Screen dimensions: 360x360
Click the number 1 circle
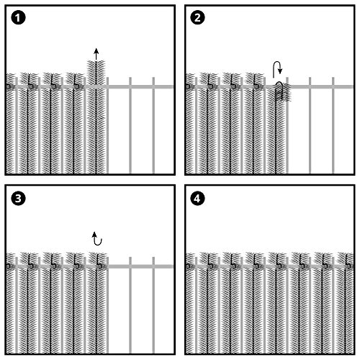pyautogui.click(x=18, y=17)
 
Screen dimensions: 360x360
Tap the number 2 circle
pyautogui.click(x=197, y=17)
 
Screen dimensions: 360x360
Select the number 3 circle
pyautogui.click(x=18, y=199)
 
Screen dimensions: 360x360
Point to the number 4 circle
pyautogui.click(x=197, y=199)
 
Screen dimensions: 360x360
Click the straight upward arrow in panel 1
pyautogui.click(x=96, y=54)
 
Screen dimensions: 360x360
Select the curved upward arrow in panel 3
pyautogui.click(x=97, y=238)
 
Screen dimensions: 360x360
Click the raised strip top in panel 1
pyautogui.click(x=96, y=66)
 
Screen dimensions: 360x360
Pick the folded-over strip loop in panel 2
pyautogui.click(x=279, y=91)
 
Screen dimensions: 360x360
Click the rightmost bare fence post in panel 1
pyautogui.click(x=153, y=125)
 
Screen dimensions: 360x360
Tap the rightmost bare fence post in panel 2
pyautogui.click(x=333, y=125)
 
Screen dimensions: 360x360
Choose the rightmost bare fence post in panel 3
pyautogui.click(x=153, y=305)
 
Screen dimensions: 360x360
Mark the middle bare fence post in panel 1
pyautogui.click(x=130, y=125)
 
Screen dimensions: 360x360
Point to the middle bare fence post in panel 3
pyautogui.click(x=130, y=305)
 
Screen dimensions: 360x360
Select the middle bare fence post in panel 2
pyautogui.click(x=310, y=125)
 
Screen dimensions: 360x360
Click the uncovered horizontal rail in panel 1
pyautogui.click(x=140, y=86)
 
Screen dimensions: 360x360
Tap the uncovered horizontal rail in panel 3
pyautogui.click(x=140, y=266)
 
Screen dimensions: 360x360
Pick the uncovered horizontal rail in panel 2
pyautogui.click(x=321, y=86)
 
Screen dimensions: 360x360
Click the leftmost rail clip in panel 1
pyautogui.click(x=9, y=86)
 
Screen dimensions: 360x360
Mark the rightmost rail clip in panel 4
pyautogui.click(x=350, y=266)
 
